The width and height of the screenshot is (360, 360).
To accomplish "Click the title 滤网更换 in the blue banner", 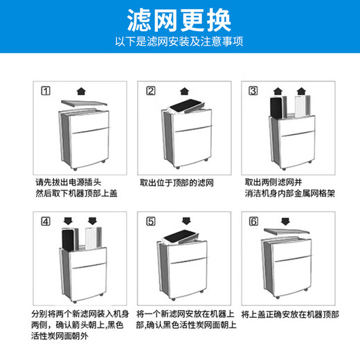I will click(x=179, y=19).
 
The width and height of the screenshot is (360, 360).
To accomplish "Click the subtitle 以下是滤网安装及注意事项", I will click(x=179, y=42).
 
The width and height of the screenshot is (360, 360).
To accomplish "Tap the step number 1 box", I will click(x=46, y=91).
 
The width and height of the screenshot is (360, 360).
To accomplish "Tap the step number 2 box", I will click(x=150, y=91).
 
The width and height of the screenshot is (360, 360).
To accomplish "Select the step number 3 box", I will click(x=253, y=91).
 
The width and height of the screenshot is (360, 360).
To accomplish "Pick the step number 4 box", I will click(x=46, y=222).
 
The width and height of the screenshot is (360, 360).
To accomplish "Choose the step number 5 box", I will click(x=150, y=222).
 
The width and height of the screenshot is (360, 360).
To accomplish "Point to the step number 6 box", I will click(x=253, y=222).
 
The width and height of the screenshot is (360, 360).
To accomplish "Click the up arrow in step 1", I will click(x=82, y=90).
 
